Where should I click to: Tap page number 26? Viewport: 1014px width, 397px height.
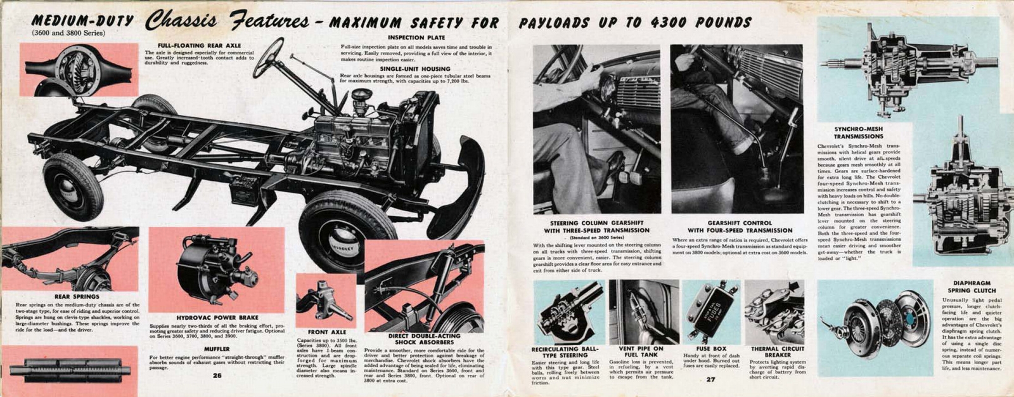[217, 375]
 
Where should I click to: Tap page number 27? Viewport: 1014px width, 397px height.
[710, 379]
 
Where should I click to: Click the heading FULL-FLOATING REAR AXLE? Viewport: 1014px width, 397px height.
[199, 46]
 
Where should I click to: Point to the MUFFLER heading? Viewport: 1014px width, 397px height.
[217, 349]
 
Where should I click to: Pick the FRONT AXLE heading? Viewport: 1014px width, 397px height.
[327, 332]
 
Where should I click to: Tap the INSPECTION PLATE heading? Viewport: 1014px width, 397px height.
[416, 38]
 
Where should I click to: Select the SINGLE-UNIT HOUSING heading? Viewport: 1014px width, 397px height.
[415, 68]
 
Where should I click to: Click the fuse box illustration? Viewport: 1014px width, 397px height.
[710, 313]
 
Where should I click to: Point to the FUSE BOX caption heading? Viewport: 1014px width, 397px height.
[711, 349]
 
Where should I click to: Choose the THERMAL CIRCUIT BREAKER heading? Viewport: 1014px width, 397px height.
[778, 352]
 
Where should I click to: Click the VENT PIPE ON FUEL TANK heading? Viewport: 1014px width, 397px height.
[641, 352]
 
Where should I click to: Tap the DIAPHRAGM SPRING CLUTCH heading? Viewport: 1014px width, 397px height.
[972, 287]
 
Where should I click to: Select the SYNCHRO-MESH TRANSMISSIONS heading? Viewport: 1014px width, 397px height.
[858, 133]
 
